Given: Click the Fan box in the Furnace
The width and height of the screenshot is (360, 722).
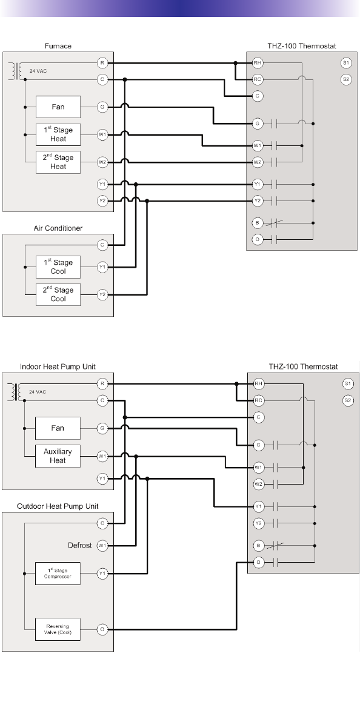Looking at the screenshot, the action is point(58,107).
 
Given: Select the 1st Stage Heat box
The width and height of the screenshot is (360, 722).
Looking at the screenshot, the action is point(58,134).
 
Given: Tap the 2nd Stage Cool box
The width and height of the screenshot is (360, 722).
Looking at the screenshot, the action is point(58,294).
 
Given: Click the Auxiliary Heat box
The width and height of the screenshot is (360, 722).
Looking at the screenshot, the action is point(58,456).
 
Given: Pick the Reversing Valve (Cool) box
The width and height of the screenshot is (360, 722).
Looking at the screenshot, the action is point(58,629).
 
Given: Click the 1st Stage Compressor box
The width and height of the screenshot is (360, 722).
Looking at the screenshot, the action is point(58,573).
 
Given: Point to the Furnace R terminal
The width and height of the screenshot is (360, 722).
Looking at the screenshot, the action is point(102,62).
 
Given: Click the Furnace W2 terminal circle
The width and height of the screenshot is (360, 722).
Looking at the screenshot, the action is point(102,162).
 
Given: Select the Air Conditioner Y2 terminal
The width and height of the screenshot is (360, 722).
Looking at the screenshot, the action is point(102,294).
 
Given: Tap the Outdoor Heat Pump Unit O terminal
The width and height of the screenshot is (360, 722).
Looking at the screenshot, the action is point(102,629).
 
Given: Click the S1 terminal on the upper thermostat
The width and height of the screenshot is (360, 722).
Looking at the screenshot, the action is point(346,62).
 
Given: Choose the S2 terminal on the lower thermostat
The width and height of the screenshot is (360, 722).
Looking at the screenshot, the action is point(347,400).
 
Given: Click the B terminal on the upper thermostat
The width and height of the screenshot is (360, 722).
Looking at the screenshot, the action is point(258,224).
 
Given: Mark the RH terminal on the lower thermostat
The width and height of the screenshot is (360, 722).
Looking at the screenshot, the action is point(259,383).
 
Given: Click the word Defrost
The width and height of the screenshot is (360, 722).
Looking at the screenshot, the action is point(80,546).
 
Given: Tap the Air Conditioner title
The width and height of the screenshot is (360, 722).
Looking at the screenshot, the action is point(58,228).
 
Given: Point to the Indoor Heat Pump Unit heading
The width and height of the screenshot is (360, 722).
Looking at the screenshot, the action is point(58,366).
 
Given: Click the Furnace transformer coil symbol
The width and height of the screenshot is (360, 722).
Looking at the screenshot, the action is point(18,71).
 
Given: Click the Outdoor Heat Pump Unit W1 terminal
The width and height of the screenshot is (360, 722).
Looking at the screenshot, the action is point(102,546).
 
